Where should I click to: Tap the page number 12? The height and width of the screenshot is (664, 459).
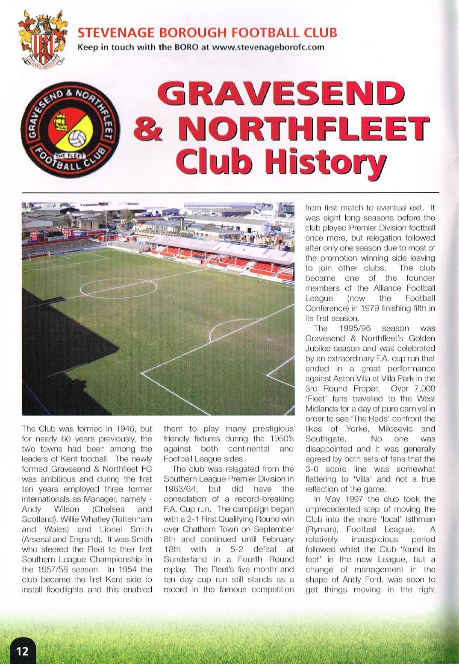(x=22, y=651)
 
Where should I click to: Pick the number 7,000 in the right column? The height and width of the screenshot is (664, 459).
(x=421, y=388)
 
